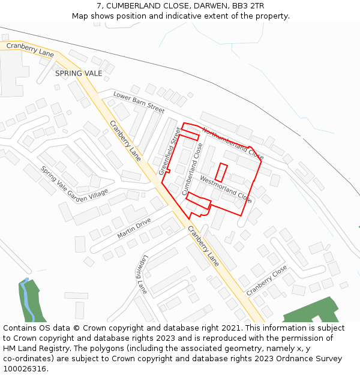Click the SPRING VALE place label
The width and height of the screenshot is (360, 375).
79,73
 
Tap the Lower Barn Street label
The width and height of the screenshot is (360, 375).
139,103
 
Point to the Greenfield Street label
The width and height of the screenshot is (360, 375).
170,151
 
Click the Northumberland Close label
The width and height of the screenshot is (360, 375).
233,143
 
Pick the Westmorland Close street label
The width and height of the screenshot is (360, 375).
226,188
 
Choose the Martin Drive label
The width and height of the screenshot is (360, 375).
134,229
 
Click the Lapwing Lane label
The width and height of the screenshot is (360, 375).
141,274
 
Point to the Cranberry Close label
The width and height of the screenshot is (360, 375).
266,281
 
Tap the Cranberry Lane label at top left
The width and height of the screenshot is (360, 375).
30,49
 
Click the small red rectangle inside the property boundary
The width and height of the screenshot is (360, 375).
221,172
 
